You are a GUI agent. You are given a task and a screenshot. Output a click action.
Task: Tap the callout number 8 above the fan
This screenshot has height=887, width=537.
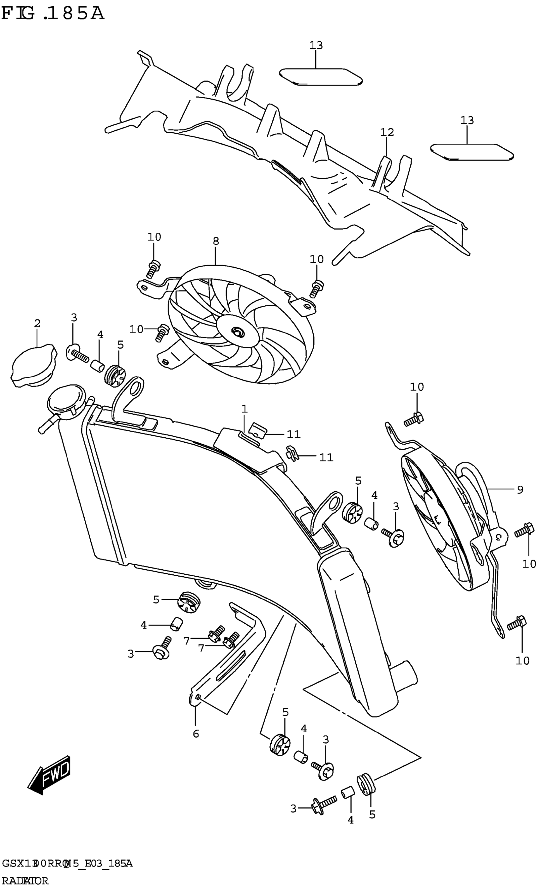click(216, 241)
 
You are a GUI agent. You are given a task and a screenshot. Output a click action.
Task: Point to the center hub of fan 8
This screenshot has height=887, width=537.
click(237, 331)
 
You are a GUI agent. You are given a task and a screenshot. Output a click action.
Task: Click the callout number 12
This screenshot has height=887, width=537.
click(387, 133)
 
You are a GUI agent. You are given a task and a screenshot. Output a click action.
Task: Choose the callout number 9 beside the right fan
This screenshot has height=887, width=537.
click(520, 489)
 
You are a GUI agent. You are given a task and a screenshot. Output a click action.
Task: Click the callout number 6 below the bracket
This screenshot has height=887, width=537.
click(196, 733)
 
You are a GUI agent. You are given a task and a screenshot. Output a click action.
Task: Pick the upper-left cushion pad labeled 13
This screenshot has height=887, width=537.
click(321, 77)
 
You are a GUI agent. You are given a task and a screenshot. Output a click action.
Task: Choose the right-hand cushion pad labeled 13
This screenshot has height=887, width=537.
click(472, 152)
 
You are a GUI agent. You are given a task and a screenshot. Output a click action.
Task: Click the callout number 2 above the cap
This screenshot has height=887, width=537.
click(37, 323)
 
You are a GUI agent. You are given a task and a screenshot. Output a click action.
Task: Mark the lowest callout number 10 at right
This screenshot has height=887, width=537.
click(522, 661)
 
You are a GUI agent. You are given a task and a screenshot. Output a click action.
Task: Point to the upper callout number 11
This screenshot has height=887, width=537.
click(293, 435)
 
